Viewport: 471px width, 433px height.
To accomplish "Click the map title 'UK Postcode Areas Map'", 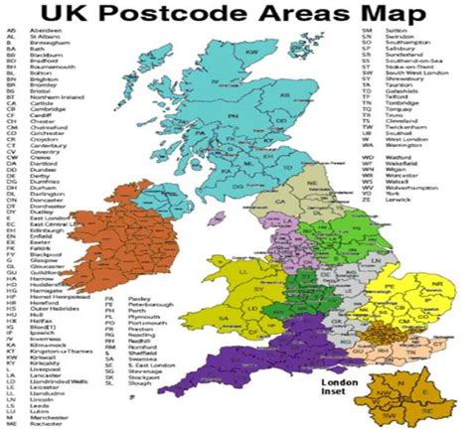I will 235,15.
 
